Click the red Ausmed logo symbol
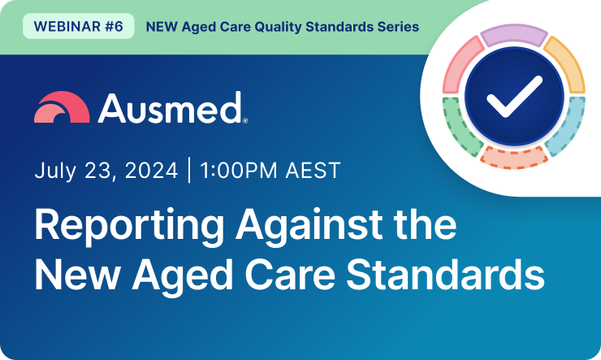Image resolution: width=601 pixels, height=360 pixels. [61, 107]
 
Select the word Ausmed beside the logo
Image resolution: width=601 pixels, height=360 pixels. [170, 107]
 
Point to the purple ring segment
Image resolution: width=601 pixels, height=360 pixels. [512, 36]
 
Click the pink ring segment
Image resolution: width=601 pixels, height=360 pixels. [460, 66]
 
